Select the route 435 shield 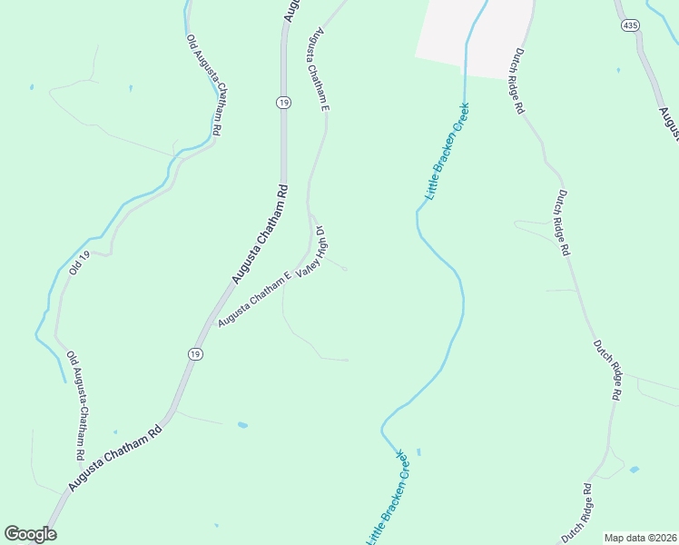point(630,26)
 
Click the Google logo point(30,534)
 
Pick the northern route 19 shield point(284,104)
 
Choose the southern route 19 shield point(195,353)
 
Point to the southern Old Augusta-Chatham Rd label point(76,404)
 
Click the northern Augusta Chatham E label point(318,70)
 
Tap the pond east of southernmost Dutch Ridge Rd point(634,470)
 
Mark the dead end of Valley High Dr point(346,270)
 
